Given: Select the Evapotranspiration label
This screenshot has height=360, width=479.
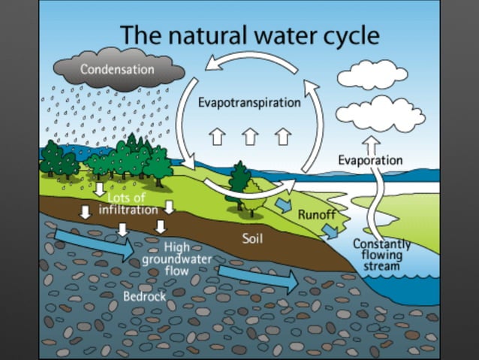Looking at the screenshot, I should coord(249,102).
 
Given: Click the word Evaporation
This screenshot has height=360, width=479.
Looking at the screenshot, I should coord(369,160).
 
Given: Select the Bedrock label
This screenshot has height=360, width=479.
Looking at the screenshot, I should coord(144,296).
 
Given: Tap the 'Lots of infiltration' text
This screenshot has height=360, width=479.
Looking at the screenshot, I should coord(128,203).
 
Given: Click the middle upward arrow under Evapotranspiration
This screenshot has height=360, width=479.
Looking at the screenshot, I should coord(250,136).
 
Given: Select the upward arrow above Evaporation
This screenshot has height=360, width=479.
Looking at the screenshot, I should coord(372,143).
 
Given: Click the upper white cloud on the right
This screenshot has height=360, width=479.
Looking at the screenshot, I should coord(372,76).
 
